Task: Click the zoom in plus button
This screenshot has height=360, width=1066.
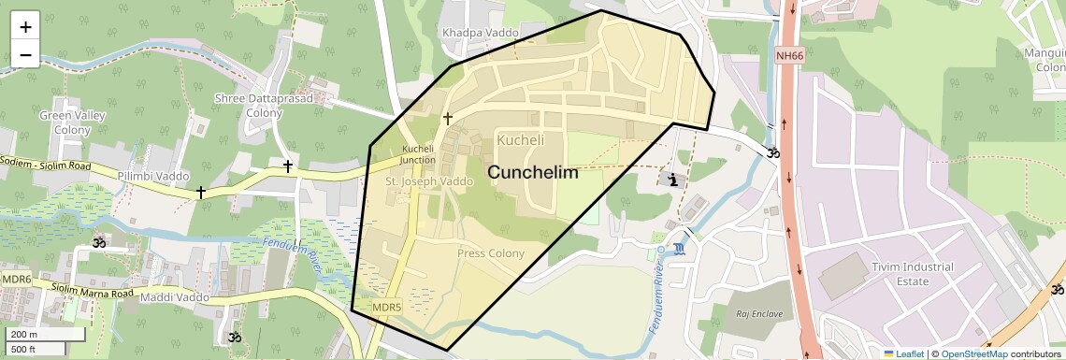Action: (25, 27)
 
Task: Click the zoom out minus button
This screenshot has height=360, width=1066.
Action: (25, 54)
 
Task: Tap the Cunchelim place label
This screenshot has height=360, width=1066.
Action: (533, 173)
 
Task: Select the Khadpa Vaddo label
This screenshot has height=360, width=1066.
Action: (480, 33)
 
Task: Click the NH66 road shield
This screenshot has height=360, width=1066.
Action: (789, 56)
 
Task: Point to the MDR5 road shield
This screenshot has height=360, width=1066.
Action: (386, 307)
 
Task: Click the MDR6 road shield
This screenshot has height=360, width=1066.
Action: (16, 279)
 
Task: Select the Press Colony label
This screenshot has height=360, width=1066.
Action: (491, 253)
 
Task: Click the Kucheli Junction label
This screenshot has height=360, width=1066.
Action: (418, 154)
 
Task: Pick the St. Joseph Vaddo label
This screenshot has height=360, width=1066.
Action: (430, 180)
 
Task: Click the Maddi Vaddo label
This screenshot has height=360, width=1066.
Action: (174, 297)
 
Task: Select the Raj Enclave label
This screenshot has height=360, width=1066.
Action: (758, 313)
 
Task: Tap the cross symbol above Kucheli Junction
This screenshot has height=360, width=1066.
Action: (447, 119)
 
